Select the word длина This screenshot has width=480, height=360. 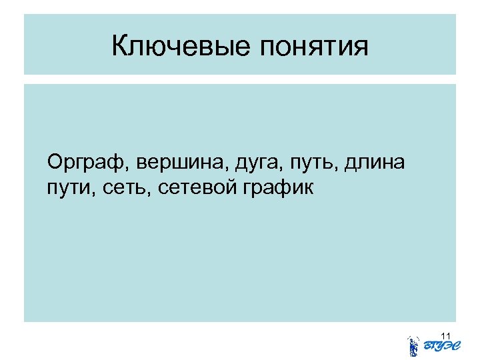(x=370, y=163)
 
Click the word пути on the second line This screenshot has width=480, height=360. (x=64, y=189)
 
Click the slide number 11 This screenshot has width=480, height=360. (x=446, y=334)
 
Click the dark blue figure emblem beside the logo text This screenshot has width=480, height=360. (x=413, y=346)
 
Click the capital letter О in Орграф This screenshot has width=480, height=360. (x=55, y=162)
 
